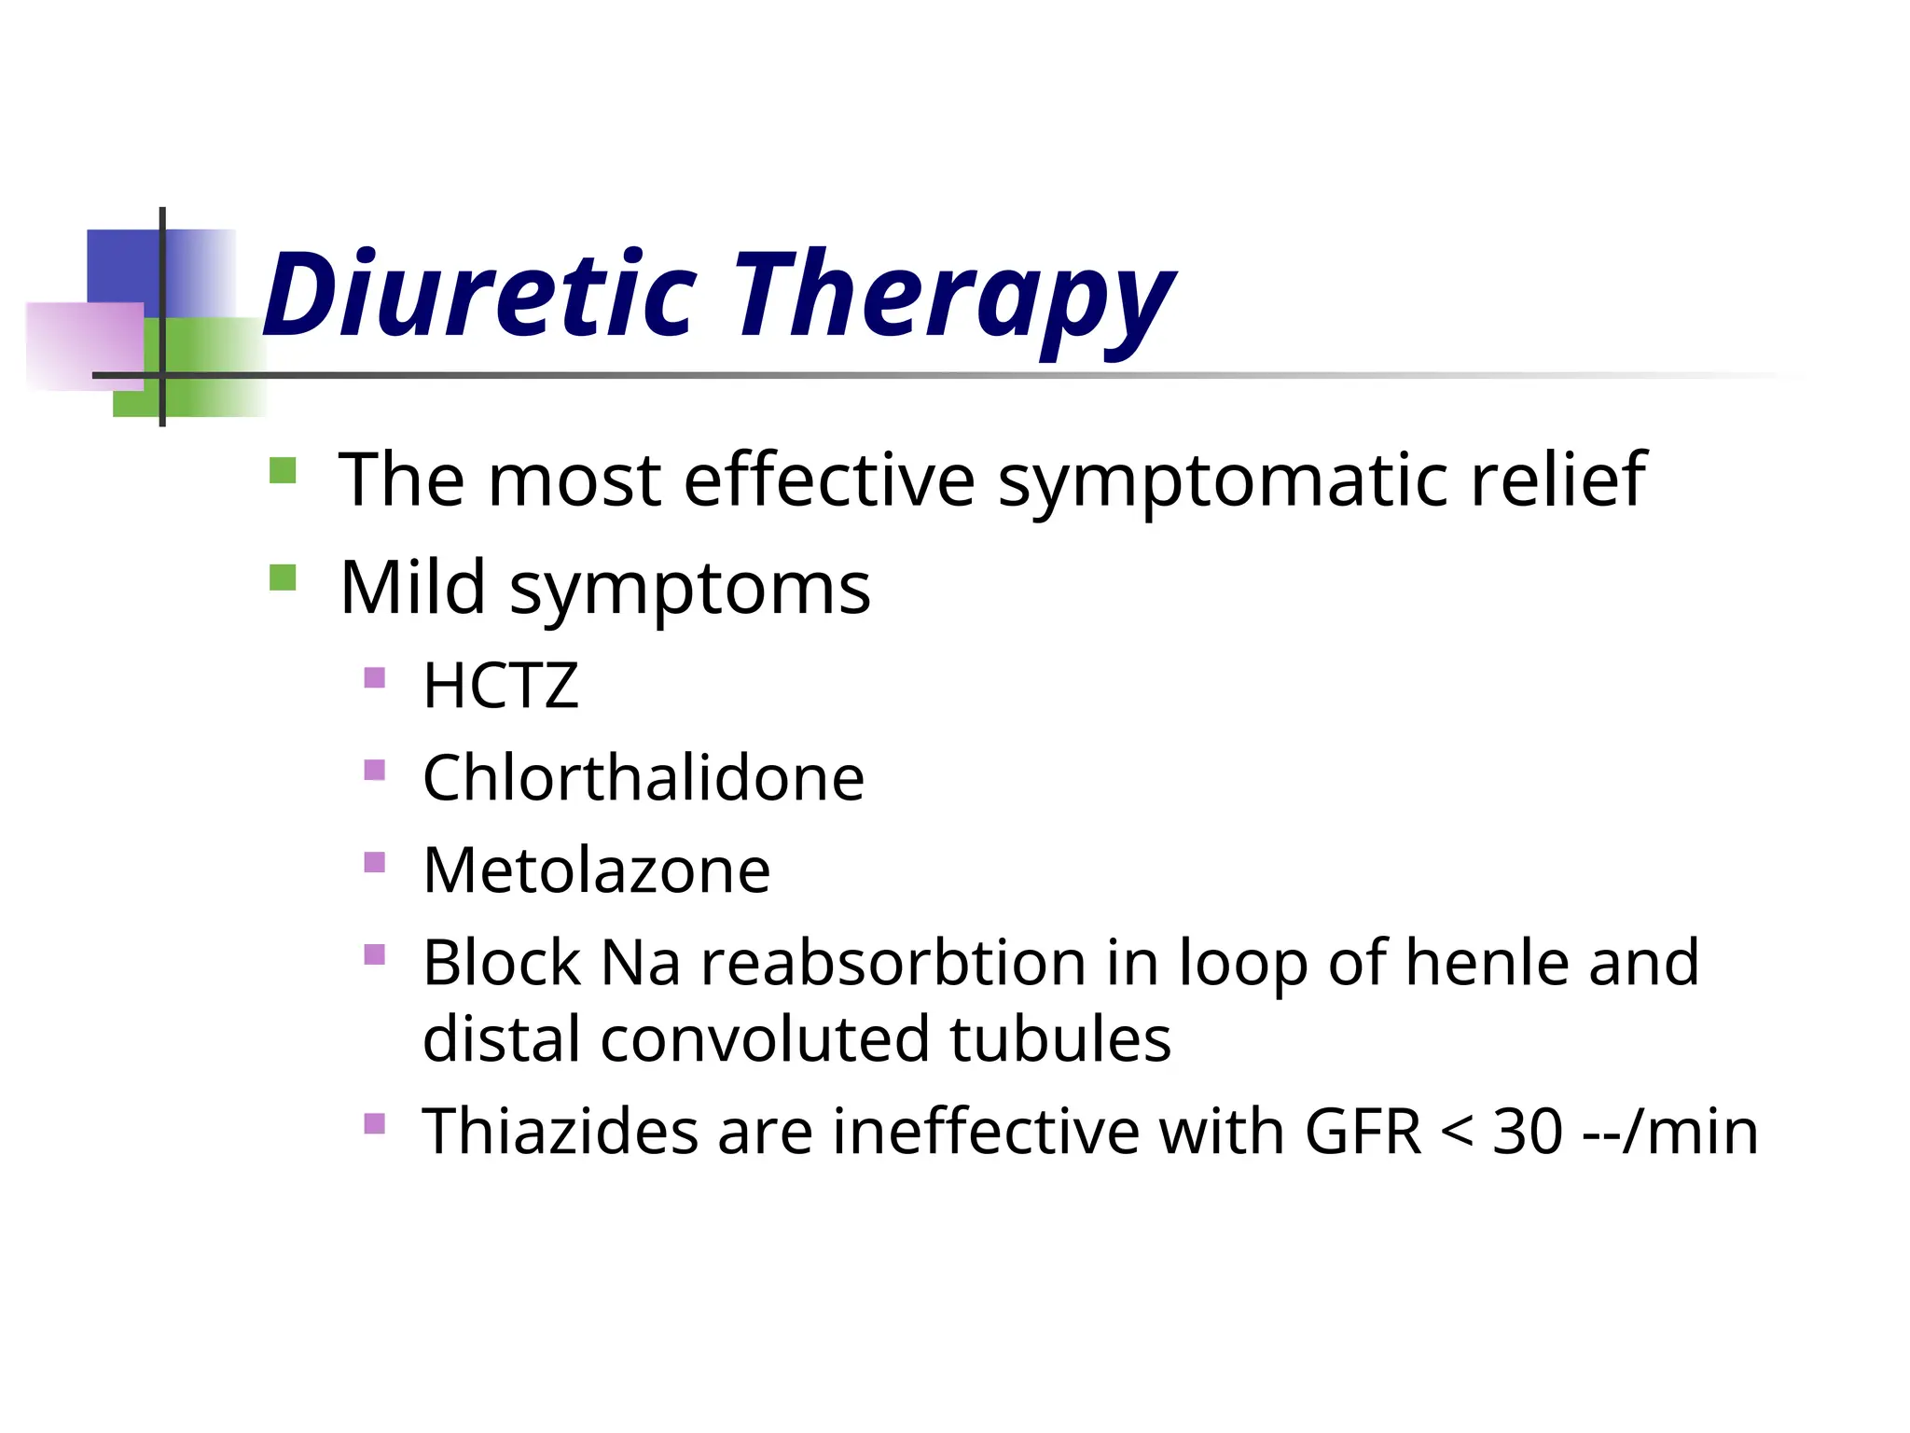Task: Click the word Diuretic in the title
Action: pos(479,297)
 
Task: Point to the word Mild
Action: pos(412,587)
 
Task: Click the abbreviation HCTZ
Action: pos(501,686)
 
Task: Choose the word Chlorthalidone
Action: pos(644,777)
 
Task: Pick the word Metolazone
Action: pos(597,870)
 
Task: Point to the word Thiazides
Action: pos(560,1131)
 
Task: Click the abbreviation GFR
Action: pos(1363,1132)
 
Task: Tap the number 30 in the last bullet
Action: pos(1528,1132)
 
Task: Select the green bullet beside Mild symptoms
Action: pos(283,578)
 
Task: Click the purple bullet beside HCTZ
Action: pos(375,677)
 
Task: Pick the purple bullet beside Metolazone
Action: pos(375,862)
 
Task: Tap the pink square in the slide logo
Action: pos(84,345)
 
